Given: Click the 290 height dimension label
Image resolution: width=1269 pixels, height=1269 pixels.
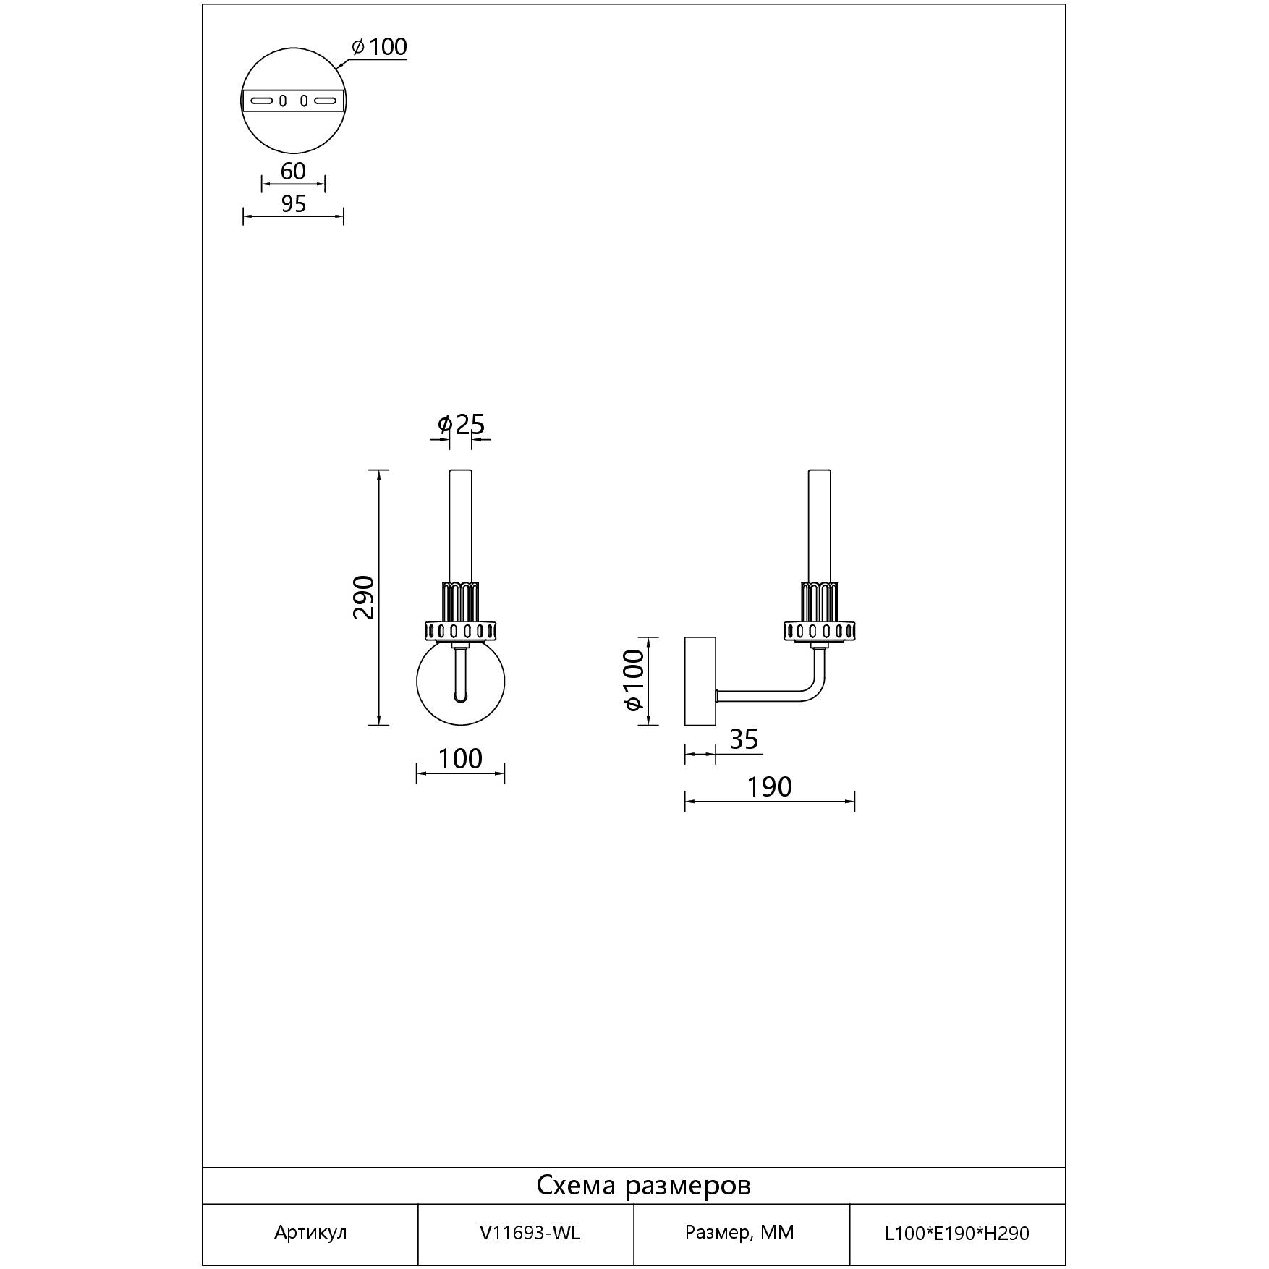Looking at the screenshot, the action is [x=364, y=597].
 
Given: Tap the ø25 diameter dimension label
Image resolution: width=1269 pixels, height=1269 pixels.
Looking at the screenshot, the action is [x=461, y=424].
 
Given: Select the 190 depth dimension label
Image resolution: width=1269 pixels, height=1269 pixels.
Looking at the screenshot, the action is [x=769, y=786].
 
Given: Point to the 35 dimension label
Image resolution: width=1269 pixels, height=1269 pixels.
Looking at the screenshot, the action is [x=744, y=739].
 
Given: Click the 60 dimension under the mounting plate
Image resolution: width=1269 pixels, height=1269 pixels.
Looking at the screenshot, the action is [x=293, y=171].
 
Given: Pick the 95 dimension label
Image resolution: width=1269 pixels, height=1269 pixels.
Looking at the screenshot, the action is [x=293, y=204].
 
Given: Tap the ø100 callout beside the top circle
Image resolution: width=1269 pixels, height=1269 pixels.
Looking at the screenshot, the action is [x=379, y=47].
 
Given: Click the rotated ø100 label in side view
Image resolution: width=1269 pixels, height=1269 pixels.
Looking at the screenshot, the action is [x=633, y=680].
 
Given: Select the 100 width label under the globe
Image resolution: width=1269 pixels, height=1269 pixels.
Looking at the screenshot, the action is [x=460, y=758].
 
